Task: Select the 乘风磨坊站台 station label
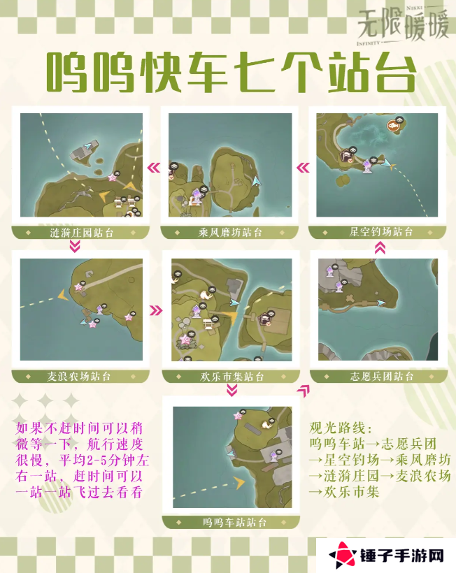(229, 232)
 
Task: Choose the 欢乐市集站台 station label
(231, 377)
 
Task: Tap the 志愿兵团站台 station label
(381, 376)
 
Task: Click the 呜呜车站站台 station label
(234, 522)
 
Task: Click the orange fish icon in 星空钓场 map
(393, 126)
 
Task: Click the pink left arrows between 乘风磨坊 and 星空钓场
(303, 168)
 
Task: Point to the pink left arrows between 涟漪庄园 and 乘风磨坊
(152, 168)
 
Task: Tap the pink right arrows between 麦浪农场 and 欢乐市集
(156, 311)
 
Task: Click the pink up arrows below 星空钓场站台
(380, 247)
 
